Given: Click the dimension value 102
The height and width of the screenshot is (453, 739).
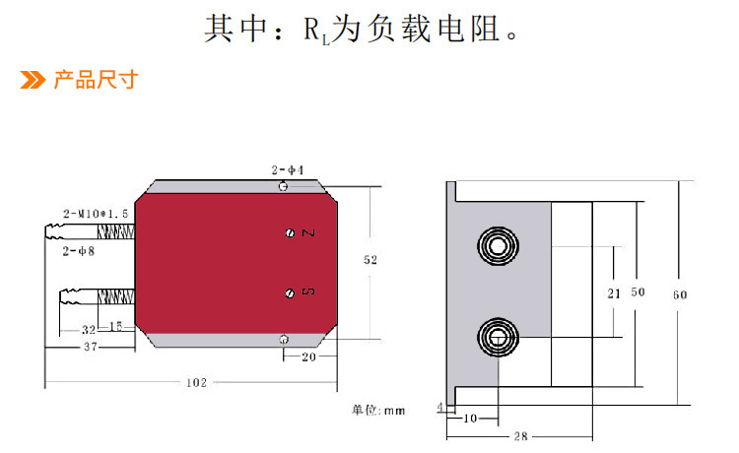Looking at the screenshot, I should coord(196,383).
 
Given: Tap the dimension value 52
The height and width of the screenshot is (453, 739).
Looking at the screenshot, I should coord(370,261).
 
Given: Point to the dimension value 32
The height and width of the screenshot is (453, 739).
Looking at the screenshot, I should coord(89,329).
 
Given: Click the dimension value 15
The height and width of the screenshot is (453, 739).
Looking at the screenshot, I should coord(116,326).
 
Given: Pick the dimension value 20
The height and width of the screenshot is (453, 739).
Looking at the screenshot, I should coord(308,358).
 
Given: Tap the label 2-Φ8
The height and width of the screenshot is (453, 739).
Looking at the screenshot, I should coord(79,252).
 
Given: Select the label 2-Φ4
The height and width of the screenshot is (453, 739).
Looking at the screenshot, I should coord(288,170).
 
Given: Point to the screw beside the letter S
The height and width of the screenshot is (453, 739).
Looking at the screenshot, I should coord(290,292).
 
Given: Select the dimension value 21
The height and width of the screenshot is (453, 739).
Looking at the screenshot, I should coord(612,292).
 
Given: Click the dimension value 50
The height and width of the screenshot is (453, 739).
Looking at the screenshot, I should coord(638,292).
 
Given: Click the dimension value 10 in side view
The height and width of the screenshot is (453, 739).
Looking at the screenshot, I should coord(470,419).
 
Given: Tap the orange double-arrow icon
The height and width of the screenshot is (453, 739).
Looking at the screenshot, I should coord(34,80).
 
